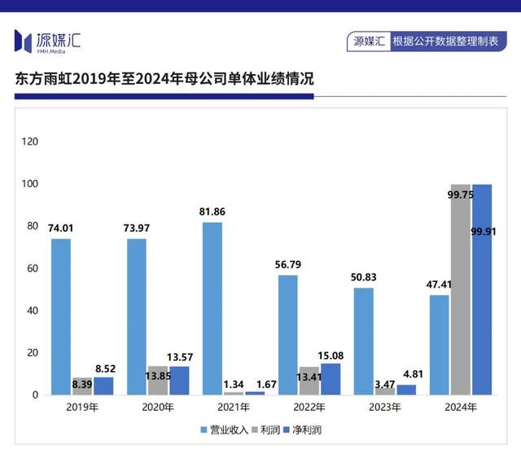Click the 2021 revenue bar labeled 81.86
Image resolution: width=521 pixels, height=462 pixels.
pyautogui.click(x=212, y=308)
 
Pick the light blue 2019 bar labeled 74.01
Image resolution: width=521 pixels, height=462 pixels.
pyautogui.click(x=61, y=316)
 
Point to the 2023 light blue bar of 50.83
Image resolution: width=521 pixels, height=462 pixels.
pyautogui.click(x=364, y=341)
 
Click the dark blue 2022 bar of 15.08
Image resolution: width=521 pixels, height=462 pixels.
pyautogui.click(x=331, y=379)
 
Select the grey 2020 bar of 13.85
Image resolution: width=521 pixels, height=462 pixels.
pyautogui.click(x=158, y=381)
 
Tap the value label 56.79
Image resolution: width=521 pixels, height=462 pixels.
pyautogui.click(x=287, y=265)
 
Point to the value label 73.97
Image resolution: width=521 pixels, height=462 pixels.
pyautogui.click(x=137, y=229)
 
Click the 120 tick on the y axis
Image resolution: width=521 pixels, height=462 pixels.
pyautogui.click(x=30, y=142)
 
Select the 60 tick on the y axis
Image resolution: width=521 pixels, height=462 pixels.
pyautogui.click(x=33, y=268)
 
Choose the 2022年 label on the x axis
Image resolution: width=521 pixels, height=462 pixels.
pyautogui.click(x=309, y=407)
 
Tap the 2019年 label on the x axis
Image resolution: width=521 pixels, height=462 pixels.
pyautogui.click(x=82, y=407)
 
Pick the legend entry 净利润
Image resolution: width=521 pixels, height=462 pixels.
pyautogui.click(x=305, y=429)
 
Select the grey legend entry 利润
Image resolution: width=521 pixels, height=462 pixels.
pyautogui.click(x=267, y=429)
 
